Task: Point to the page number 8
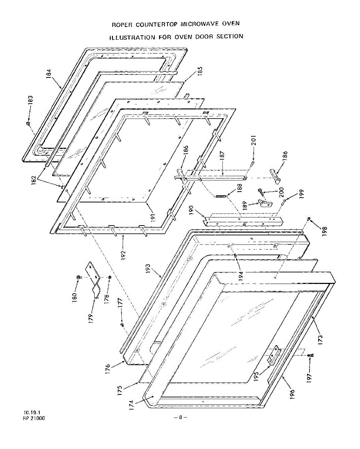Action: (x=180, y=417)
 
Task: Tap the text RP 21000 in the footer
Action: (x=34, y=419)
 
